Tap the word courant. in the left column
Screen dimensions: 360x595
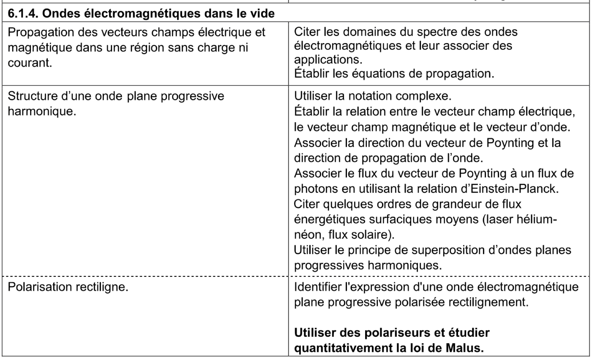[30, 63]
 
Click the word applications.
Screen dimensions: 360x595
[328, 59]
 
